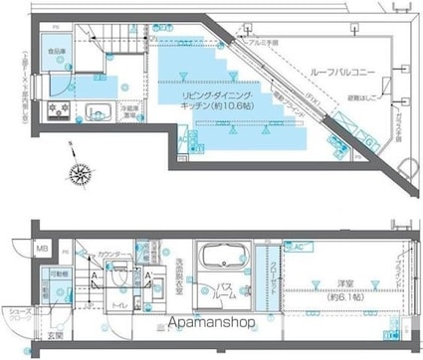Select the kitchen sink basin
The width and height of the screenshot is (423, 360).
pyautogui.click(x=97, y=109)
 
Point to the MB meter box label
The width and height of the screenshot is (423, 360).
pyautogui.click(x=41, y=250)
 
